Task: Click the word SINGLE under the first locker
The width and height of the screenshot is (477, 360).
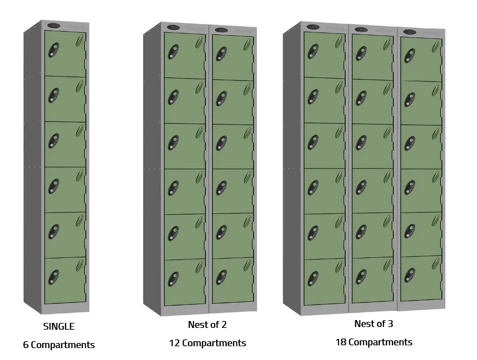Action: point(59,327)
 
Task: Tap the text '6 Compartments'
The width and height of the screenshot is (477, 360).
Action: point(59,345)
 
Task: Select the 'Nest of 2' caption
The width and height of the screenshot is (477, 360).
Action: point(207,325)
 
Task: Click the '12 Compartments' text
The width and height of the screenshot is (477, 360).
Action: point(207,343)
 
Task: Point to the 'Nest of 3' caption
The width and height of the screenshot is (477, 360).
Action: point(373,324)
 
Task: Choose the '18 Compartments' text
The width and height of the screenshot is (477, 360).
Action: point(373,342)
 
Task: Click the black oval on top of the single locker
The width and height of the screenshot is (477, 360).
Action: point(54,26)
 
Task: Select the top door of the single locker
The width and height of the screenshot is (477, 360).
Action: point(65,54)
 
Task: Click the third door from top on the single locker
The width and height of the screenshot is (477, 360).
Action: point(65,144)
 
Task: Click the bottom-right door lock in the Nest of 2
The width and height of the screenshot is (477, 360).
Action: point(222,277)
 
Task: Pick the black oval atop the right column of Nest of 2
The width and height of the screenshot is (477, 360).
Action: point(222,30)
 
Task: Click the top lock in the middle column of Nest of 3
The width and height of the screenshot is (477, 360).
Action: point(361,53)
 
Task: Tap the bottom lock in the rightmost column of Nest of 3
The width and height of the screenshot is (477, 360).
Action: point(409,273)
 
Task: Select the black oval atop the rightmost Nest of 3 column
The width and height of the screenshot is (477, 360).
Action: point(410,32)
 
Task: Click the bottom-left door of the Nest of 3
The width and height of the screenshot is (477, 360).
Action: point(324,281)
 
